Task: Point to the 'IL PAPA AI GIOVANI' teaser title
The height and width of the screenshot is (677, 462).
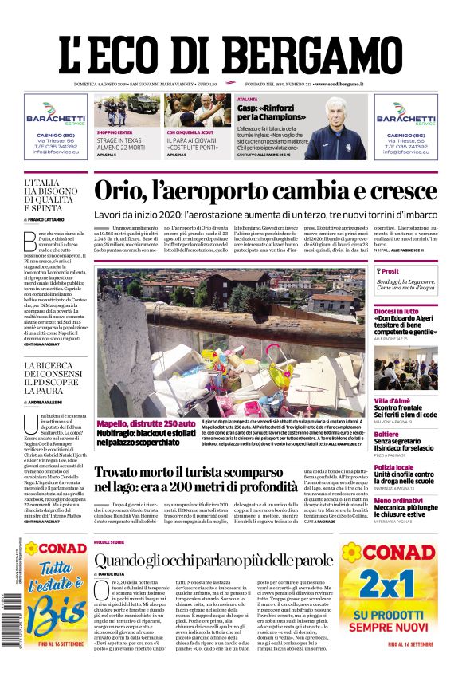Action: (x=191, y=140)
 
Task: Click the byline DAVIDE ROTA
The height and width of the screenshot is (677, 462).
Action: (x=116, y=575)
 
